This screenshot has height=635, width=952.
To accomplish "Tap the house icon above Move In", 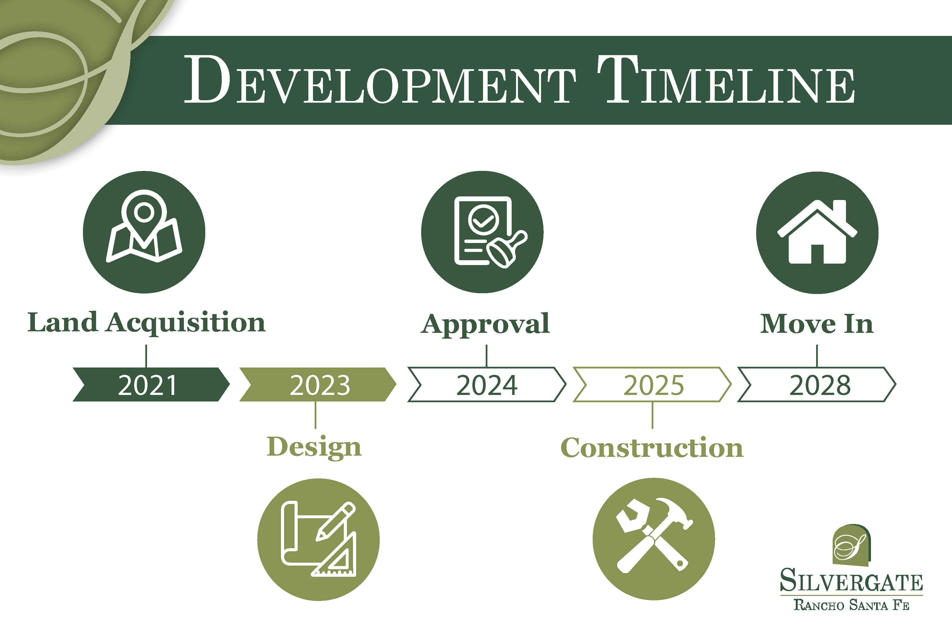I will [x=817, y=233].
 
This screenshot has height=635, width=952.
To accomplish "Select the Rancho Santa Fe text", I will [x=851, y=605].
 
